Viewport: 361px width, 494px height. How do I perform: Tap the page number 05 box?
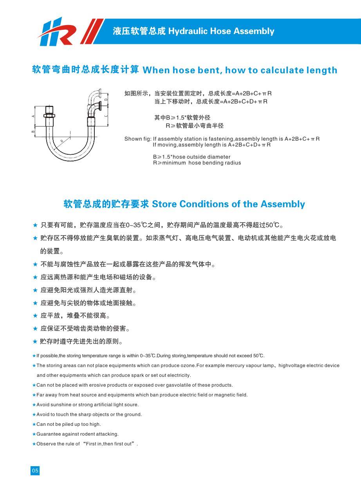pyautogui.click(x=35, y=471)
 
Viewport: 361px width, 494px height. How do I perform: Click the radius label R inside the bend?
pyautogui.click(x=61, y=141)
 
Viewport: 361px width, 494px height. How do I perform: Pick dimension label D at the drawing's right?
pyautogui.click(x=106, y=99)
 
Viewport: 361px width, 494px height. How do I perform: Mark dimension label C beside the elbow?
pyautogui.click(x=106, y=116)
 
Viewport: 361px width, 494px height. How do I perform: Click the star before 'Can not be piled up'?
pyautogui.click(x=34, y=424)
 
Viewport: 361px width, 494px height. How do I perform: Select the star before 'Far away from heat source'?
pyautogui.click(x=34, y=395)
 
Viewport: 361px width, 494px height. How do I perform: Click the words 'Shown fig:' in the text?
pyautogui.click(x=137, y=139)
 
